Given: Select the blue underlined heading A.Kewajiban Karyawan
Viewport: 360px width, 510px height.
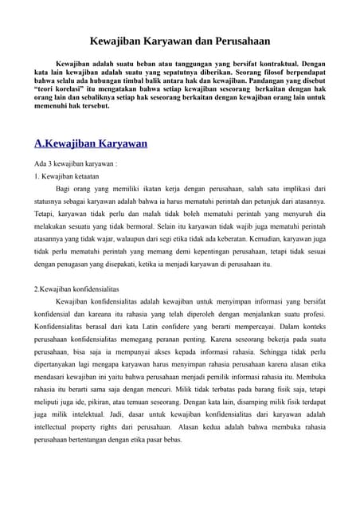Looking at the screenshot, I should tap(91, 144).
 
